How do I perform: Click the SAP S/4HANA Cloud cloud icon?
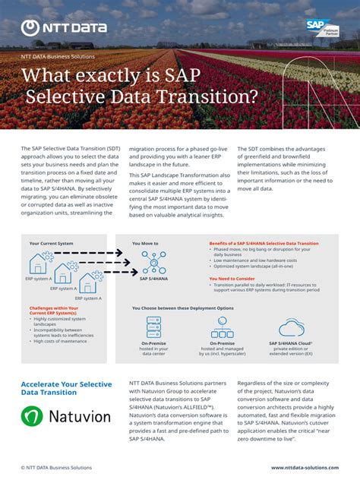pyautogui.click(x=291, y=327)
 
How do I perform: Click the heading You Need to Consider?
pyautogui.click(x=231, y=279)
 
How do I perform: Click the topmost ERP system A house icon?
pyautogui.click(x=40, y=264)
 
